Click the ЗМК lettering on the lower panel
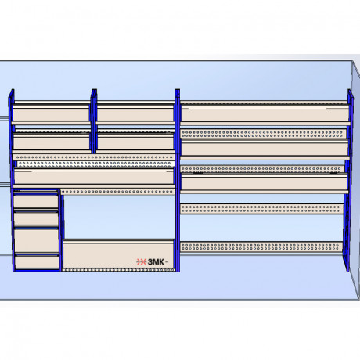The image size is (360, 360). coord(156,261)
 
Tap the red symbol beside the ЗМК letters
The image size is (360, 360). coord(141,261)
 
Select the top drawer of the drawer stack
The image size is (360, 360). coord(36,201)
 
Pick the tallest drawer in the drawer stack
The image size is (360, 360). coord(36,241)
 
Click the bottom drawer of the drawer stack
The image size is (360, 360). coord(37,262)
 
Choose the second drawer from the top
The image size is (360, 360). coord(36,218)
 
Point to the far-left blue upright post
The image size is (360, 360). coord(11,180)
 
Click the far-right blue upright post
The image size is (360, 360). coord(348,180)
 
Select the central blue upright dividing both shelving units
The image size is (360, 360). coord(178,181)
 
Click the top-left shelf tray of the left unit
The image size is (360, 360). coord(51,113)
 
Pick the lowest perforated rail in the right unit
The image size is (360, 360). coord(261,247)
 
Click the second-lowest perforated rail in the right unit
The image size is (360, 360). coord(262,209)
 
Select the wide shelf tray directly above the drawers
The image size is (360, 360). coord(94,178)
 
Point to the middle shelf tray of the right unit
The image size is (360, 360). coord(265,149)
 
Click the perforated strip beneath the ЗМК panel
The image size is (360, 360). coord(118,270)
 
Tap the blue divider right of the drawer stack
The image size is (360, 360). coord(62,230)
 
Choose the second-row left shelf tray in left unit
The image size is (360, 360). coord(52,143)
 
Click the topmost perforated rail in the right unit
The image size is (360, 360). coord(263,134)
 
